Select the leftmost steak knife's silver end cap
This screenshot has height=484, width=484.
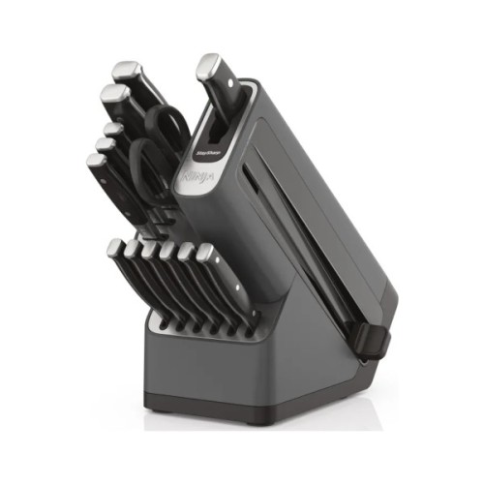click(115, 247)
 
